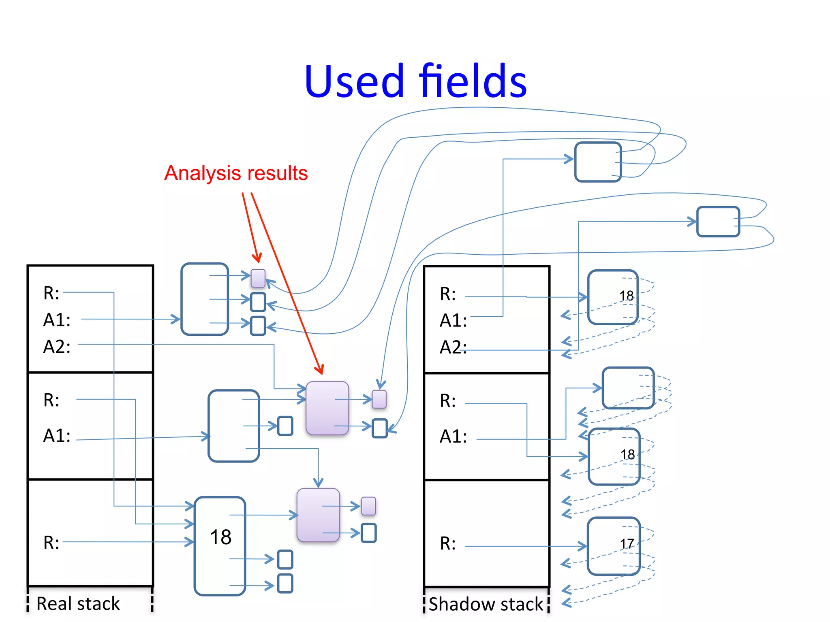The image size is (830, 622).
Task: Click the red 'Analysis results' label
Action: coord(236,173)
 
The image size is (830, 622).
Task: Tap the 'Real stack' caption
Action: coord(78,603)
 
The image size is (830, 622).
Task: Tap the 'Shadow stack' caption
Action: coord(486,604)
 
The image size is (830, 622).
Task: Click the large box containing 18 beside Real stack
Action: coord(220,545)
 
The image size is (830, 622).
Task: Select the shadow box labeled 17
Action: coord(613,546)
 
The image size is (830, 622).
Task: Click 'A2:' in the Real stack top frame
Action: coord(57,347)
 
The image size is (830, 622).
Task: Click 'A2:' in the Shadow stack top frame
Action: coord(453,347)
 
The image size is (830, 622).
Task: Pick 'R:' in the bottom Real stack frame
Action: coord(51,543)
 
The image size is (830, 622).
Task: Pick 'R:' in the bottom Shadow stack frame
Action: coord(447,543)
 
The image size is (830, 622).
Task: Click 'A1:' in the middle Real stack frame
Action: coord(57,436)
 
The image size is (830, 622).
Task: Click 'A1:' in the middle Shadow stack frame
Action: coord(453,437)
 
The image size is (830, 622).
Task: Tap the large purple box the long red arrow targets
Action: coord(327,408)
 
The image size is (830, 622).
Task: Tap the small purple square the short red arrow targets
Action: coord(258,278)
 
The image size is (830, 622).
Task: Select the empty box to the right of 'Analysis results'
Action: coord(598,162)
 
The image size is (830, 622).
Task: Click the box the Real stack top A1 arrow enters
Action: coord(205,299)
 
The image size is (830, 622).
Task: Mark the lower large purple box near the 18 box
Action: coord(318,515)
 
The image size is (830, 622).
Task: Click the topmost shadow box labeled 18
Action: coord(613,297)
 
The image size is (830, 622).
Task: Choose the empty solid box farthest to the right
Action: coord(718,222)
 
